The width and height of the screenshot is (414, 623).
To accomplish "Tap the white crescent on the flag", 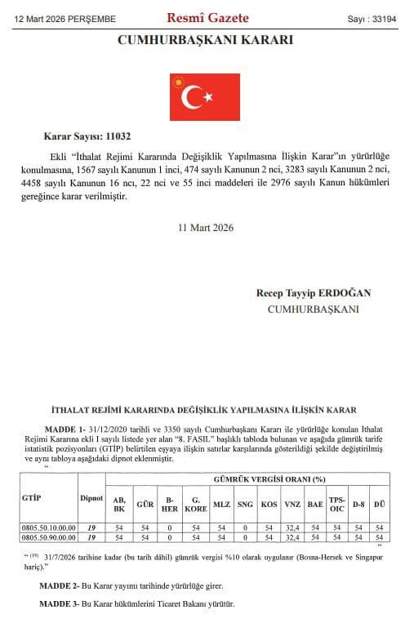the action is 194,99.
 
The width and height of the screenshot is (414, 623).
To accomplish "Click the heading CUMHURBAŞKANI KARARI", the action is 206,40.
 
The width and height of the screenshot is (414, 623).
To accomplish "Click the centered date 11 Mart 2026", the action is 205,228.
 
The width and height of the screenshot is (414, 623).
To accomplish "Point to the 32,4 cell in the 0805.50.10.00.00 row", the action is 292,528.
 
